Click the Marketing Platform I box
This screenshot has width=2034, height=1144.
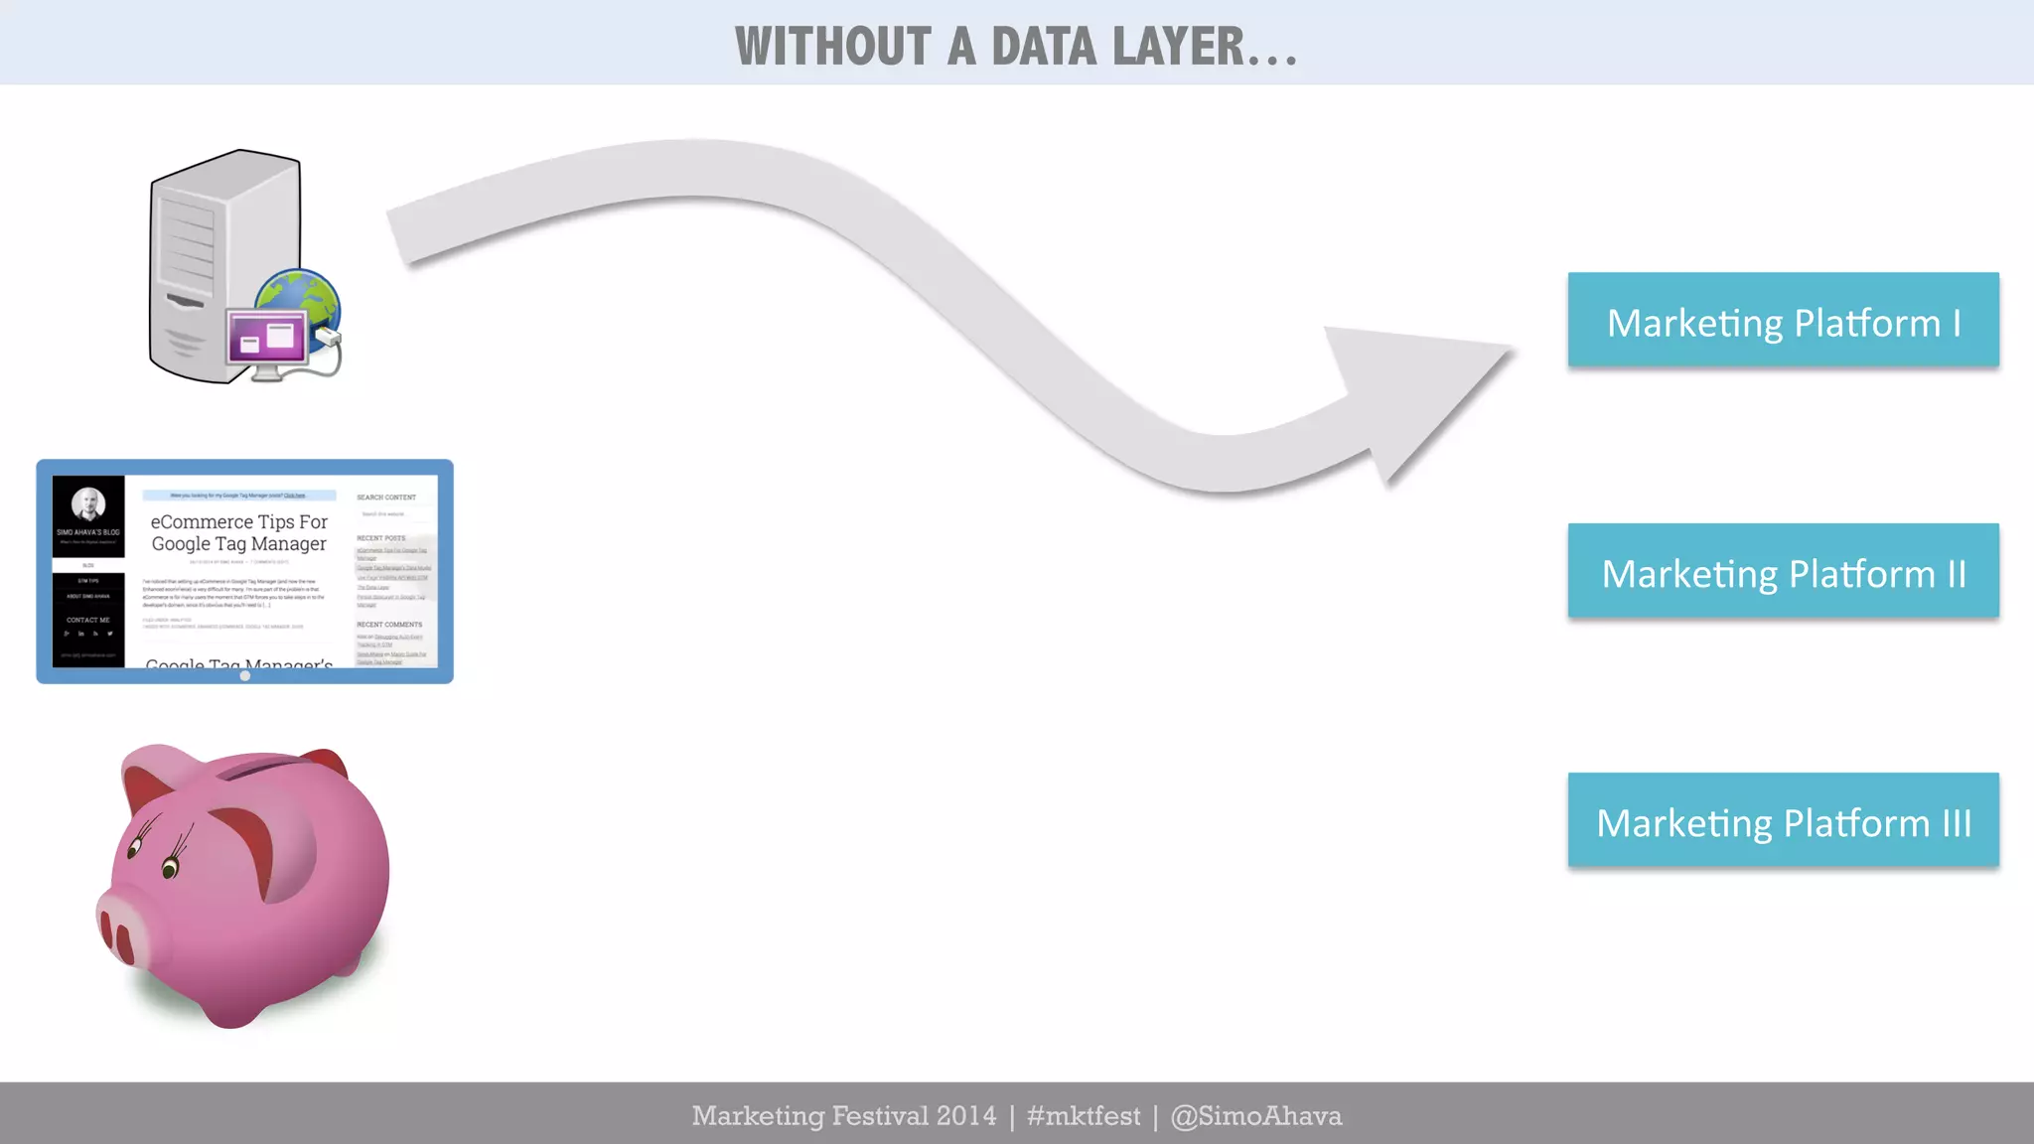click(x=1783, y=321)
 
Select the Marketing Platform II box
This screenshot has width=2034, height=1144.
click(x=1783, y=572)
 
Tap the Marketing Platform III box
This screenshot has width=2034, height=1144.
click(x=1783, y=821)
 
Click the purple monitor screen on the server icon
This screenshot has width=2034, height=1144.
click(x=266, y=338)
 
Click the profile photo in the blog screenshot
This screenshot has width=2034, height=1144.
click(x=88, y=503)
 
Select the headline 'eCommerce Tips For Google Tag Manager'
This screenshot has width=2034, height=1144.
click(x=238, y=532)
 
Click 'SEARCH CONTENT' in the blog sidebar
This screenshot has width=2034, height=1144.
click(x=386, y=498)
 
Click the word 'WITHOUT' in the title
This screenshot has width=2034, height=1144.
click(x=832, y=47)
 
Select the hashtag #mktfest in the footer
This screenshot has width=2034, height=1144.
click(x=1084, y=1116)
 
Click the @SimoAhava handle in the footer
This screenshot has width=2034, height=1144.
click(x=1255, y=1116)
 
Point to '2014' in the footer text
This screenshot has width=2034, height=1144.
click(x=965, y=1116)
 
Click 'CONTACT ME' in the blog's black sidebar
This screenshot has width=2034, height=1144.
click(x=88, y=620)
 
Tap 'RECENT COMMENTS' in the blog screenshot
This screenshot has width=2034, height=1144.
click(x=389, y=625)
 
